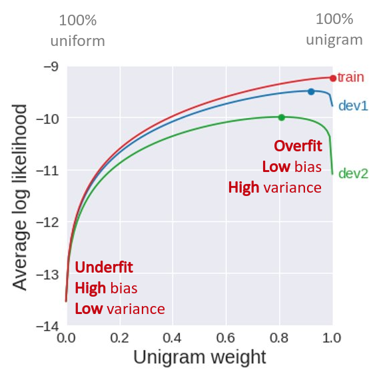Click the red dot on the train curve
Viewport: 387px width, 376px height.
(x=332, y=78)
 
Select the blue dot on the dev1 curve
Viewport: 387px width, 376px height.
(x=311, y=91)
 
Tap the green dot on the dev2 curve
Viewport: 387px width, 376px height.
(x=281, y=117)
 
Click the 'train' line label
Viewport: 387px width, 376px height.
(x=350, y=78)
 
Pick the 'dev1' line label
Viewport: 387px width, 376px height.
(x=353, y=105)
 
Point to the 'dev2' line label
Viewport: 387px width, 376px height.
(x=353, y=174)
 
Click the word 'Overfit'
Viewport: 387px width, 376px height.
(x=298, y=145)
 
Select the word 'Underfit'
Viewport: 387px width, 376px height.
(x=104, y=267)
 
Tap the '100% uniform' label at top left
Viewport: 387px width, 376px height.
(x=78, y=30)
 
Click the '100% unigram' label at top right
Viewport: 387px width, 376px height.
(x=334, y=30)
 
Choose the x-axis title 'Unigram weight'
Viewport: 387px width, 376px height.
(x=199, y=357)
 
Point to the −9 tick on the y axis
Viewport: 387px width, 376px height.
(x=49, y=67)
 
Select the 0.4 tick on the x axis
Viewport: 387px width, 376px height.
(x=173, y=337)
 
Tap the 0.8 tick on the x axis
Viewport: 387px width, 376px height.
(x=279, y=337)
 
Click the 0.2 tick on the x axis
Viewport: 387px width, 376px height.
(x=119, y=337)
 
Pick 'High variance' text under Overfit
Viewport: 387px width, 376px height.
(x=274, y=187)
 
